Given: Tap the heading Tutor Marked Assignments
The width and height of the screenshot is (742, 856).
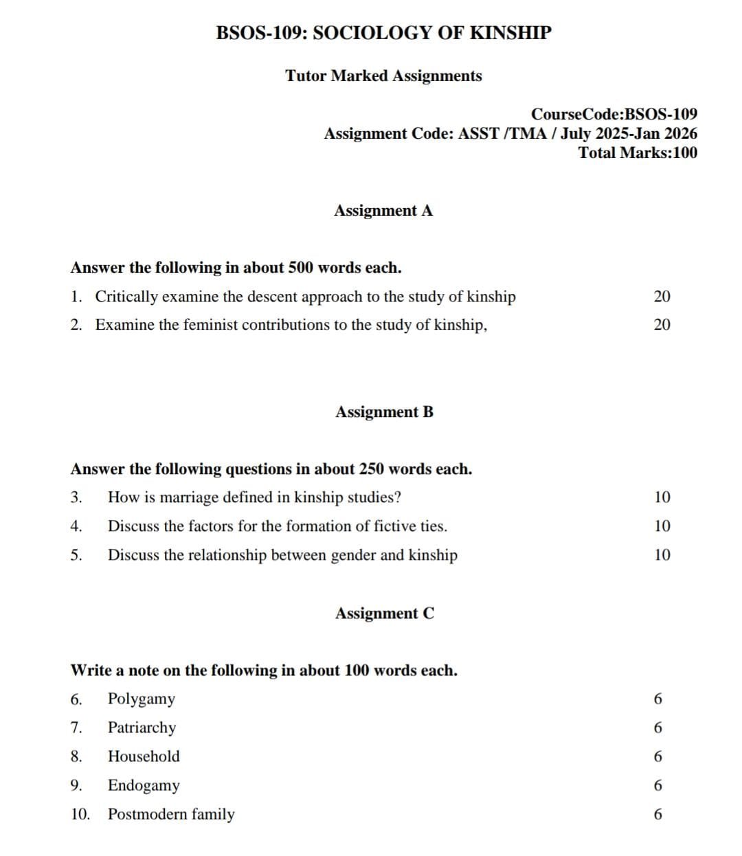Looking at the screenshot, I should [x=383, y=76].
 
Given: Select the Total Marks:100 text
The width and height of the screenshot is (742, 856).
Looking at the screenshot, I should [x=638, y=153].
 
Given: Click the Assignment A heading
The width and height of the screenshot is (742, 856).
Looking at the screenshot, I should [x=383, y=211].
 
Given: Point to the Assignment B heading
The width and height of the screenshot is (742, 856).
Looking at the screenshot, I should [x=384, y=412].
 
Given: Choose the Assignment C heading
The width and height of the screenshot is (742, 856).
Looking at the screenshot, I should [x=384, y=613].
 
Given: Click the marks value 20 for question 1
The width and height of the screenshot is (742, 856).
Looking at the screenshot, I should [x=662, y=297].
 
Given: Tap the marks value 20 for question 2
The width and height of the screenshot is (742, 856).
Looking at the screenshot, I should [x=662, y=325].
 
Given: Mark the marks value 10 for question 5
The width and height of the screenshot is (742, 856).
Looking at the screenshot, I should [x=662, y=555].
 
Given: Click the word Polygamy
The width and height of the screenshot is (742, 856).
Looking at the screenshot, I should [x=142, y=699].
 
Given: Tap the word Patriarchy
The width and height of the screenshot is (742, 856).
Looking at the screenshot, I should [x=142, y=728].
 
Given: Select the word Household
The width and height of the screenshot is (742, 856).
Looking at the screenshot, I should [x=144, y=756].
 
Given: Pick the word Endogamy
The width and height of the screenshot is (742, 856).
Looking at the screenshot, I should [x=144, y=785].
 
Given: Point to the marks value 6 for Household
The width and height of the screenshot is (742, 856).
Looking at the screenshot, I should [x=658, y=757].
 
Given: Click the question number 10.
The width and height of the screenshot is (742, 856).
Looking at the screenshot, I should [x=80, y=814].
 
